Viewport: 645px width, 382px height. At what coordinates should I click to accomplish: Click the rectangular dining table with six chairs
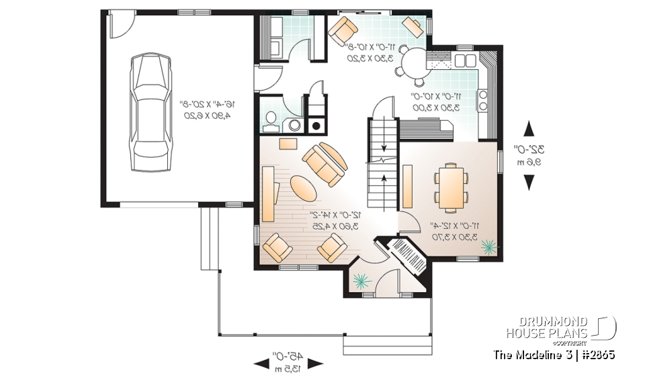tap(451, 183)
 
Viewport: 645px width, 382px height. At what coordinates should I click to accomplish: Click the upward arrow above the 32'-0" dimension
tap(529, 129)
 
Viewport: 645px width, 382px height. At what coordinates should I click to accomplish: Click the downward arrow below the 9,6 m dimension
tap(529, 181)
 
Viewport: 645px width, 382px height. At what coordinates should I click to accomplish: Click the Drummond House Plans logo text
tap(547, 326)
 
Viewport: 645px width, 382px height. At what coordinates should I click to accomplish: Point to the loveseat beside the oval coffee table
tap(325, 164)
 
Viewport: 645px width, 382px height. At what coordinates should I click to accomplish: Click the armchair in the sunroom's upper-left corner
tap(343, 30)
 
